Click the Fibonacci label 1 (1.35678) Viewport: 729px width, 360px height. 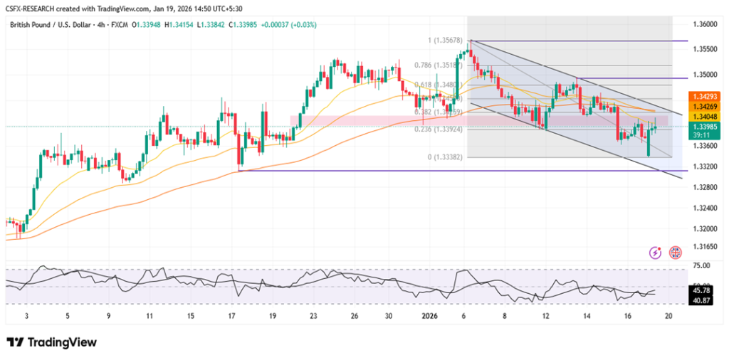[446, 41]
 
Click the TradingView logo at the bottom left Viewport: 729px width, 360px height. [51, 342]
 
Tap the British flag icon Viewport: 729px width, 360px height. [674, 253]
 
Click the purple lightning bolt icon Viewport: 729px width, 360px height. [656, 253]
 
